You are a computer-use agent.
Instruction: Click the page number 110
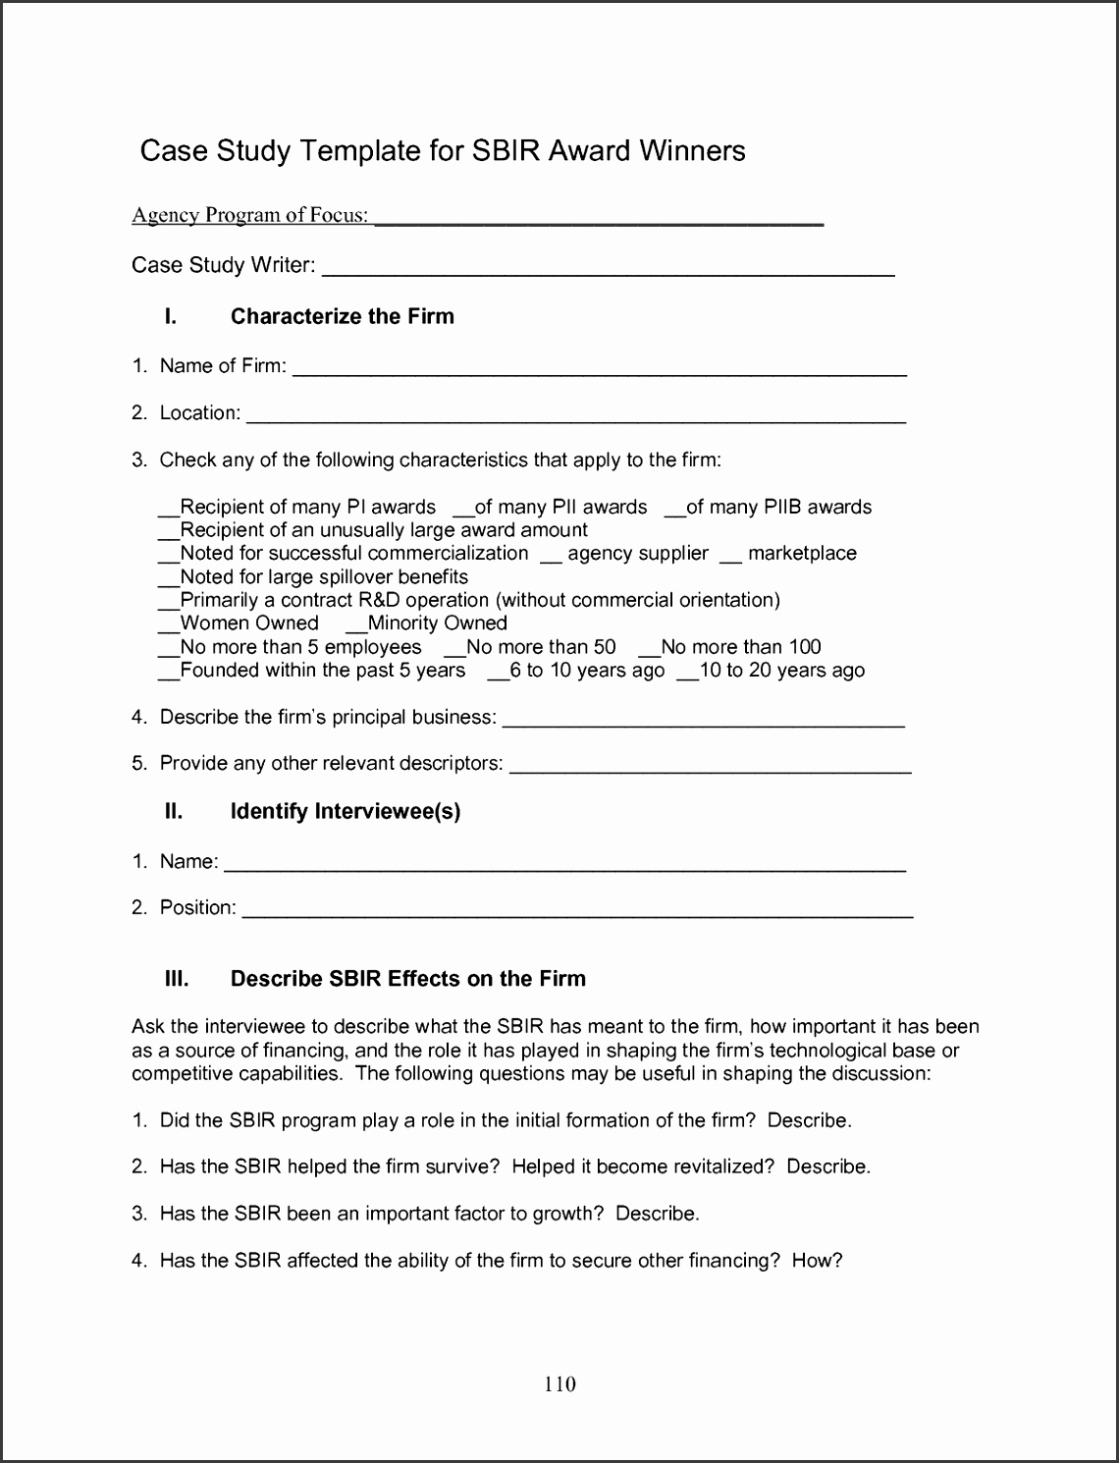pyautogui.click(x=559, y=1384)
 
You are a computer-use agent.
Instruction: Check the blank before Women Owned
pyautogui.click(x=169, y=628)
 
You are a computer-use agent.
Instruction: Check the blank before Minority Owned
pyautogui.click(x=356, y=628)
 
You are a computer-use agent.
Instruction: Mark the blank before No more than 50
pyautogui.click(x=454, y=652)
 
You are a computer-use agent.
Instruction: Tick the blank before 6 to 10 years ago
pyautogui.click(x=498, y=676)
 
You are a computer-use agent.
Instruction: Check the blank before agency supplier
pyautogui.click(x=551, y=559)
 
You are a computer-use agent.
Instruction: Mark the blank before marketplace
pyautogui.click(x=730, y=559)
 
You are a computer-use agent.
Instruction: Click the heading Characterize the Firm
pyautogui.click(x=342, y=316)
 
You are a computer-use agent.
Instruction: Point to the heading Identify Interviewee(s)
pyautogui.click(x=345, y=811)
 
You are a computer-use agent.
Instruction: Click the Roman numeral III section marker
pyautogui.click(x=177, y=979)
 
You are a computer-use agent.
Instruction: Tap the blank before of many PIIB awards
pyautogui.click(x=675, y=512)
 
